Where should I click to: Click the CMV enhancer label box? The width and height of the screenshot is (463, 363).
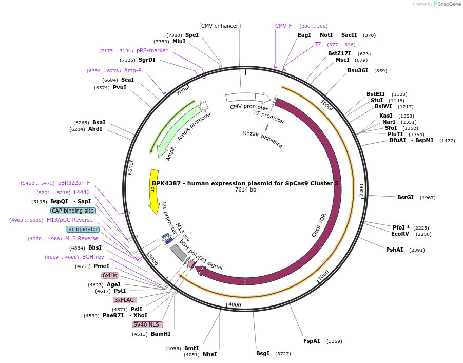coord(220,26)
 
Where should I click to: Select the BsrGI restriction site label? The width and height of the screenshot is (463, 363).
coord(405,197)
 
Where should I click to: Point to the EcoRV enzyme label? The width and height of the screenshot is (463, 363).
coord(400,234)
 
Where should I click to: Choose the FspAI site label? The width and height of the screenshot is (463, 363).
coord(311,341)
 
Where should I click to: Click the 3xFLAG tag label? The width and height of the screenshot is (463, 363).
coord(125,300)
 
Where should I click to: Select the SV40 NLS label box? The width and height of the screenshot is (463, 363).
coord(147,324)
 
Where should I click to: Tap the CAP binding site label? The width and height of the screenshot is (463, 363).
coord(73,211)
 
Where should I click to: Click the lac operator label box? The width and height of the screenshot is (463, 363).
coord(82,229)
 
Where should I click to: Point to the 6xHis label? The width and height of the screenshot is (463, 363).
coord(110,275)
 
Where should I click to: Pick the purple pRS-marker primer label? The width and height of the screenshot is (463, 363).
coord(152,50)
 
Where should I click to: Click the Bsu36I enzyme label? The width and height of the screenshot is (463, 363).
coord(358,70)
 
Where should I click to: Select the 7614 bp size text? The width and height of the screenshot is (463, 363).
coord(245,190)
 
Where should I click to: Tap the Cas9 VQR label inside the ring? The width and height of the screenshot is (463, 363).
coord(319,225)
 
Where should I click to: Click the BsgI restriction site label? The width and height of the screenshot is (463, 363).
coord(262,353)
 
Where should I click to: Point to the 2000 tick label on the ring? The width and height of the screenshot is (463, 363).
coord(361,189)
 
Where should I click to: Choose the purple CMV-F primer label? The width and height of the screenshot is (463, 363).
coord(283,26)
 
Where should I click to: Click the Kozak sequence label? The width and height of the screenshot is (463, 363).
coord(263,139)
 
